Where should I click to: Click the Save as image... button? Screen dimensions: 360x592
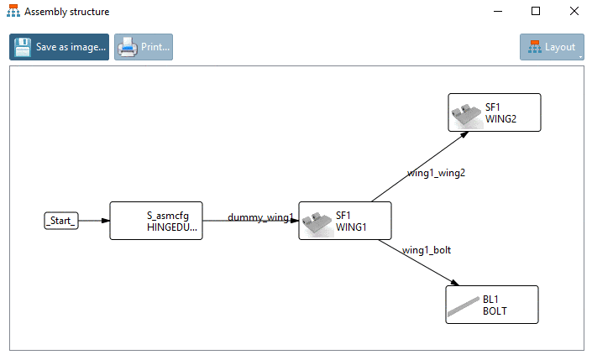(59, 47)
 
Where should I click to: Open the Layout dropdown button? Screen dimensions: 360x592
(552, 47)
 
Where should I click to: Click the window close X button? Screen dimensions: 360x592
(574, 12)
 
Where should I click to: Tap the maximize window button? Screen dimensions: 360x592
(535, 12)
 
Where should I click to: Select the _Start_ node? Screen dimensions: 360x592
(60, 221)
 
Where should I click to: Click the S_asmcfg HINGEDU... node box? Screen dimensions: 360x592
(156, 221)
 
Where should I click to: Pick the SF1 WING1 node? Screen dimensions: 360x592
(345, 221)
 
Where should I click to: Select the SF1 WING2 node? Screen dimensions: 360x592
(494, 112)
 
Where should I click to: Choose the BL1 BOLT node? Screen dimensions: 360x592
(491, 305)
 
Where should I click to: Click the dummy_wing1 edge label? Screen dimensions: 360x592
(260, 218)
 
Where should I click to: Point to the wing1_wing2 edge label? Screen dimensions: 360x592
(436, 174)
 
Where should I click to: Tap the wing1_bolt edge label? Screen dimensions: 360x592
(427, 249)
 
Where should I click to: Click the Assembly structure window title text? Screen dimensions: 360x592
(66, 13)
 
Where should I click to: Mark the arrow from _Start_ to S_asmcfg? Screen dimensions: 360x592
(93, 221)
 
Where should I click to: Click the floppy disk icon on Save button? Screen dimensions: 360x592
(23, 47)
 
